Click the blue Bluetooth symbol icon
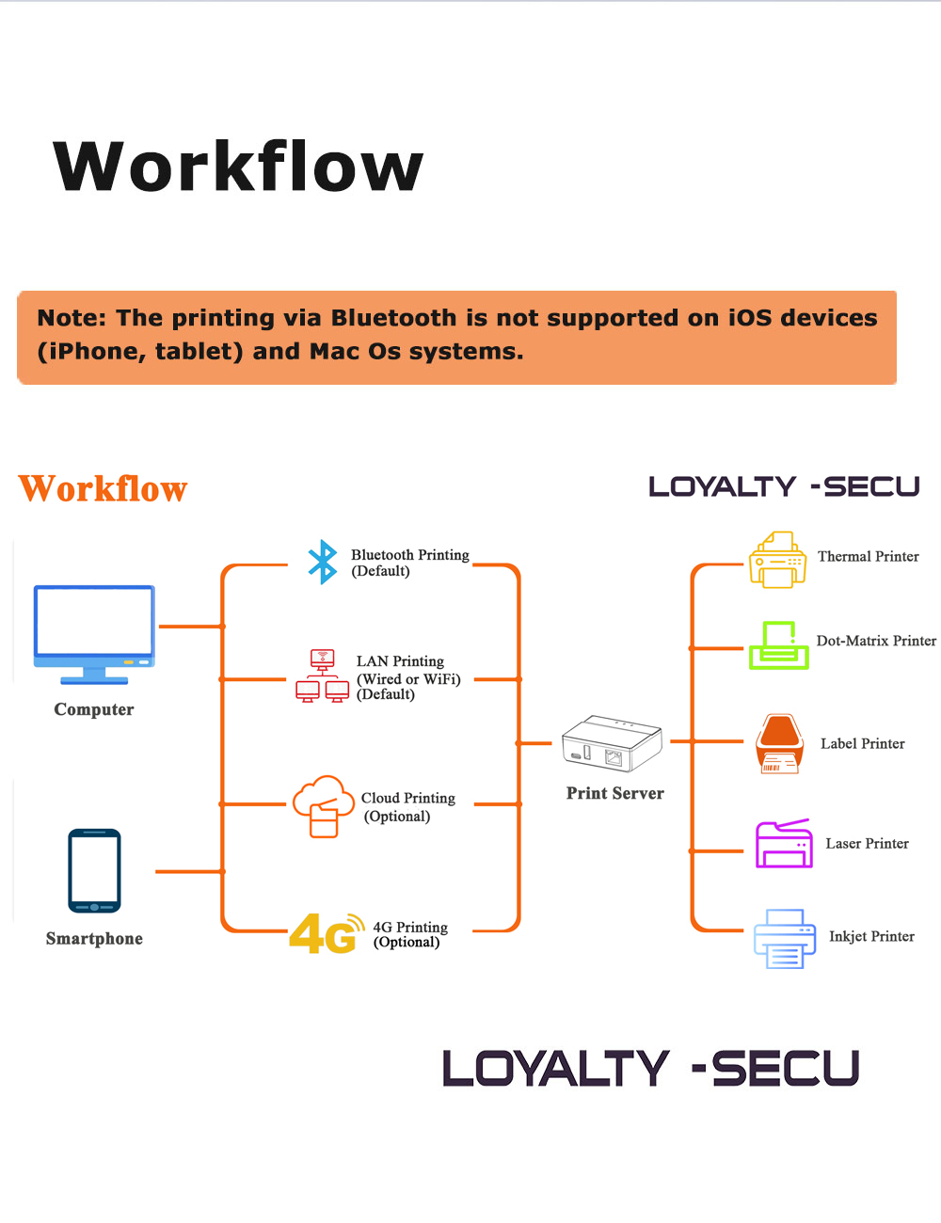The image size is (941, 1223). point(323,562)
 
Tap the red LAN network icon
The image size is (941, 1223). point(322,676)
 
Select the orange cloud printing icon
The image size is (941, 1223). point(323,805)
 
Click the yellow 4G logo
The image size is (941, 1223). point(326,933)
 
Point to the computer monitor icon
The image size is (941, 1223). point(94,633)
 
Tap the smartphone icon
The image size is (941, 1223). point(94,871)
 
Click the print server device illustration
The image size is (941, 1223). point(612,743)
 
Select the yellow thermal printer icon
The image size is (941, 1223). point(777,560)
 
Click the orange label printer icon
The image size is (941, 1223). point(779,743)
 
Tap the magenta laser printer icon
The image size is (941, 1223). point(784,843)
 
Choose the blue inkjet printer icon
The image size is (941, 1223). point(784,938)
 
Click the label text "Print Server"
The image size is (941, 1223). point(614,793)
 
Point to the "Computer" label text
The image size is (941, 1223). point(94,709)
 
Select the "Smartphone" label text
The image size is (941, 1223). point(94,939)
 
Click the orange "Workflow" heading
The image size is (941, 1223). point(103,489)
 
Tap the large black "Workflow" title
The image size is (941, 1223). point(239,167)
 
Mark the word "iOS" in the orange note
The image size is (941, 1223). point(750,318)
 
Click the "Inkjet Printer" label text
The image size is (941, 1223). point(871,937)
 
